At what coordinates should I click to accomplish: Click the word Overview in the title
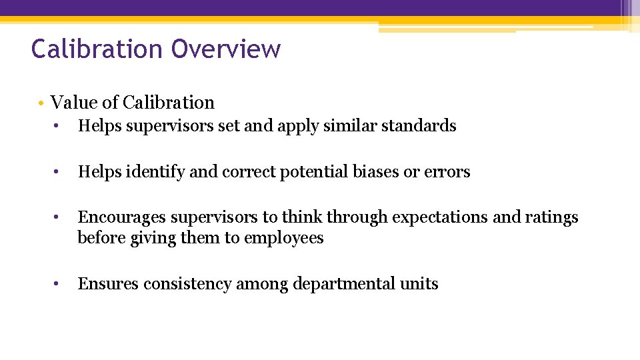[x=226, y=49]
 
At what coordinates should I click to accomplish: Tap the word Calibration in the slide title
[x=97, y=49]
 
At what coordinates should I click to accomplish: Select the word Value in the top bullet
[x=69, y=103]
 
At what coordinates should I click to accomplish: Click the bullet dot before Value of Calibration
[x=41, y=103]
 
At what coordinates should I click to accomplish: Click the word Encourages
[x=122, y=217]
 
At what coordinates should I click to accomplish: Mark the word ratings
[x=553, y=217]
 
